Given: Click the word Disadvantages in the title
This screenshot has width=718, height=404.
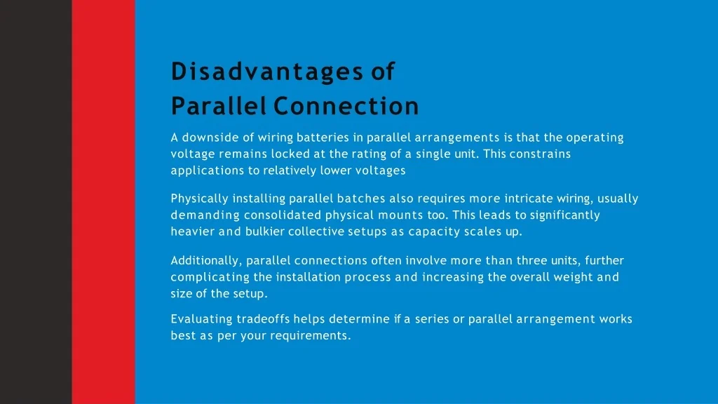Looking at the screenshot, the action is tap(267, 72).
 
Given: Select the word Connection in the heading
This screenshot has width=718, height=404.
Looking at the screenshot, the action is tap(346, 106).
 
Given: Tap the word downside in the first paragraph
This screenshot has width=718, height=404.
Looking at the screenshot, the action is tap(217, 137).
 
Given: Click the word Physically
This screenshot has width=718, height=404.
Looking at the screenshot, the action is tap(199, 199).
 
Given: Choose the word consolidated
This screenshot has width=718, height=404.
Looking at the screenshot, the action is tap(282, 215).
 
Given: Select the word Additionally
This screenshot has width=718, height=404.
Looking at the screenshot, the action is tap(205, 261).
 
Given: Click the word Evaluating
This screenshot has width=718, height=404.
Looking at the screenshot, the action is tap(201, 320).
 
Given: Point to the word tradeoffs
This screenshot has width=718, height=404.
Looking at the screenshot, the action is tap(263, 319).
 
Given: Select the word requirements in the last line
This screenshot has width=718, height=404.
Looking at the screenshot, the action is tap(310, 336).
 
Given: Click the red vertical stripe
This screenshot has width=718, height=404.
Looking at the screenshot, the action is tap(104, 202).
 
